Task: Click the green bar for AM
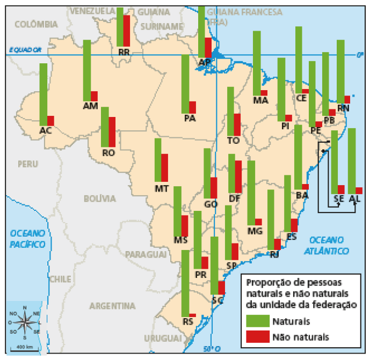(x=87, y=70)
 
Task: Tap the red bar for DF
(x=238, y=177)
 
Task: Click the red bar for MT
(x=165, y=167)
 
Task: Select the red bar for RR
(x=127, y=31)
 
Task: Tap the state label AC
(x=46, y=130)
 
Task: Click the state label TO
(x=233, y=141)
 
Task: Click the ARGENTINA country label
(x=112, y=306)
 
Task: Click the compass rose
(x=25, y=323)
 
